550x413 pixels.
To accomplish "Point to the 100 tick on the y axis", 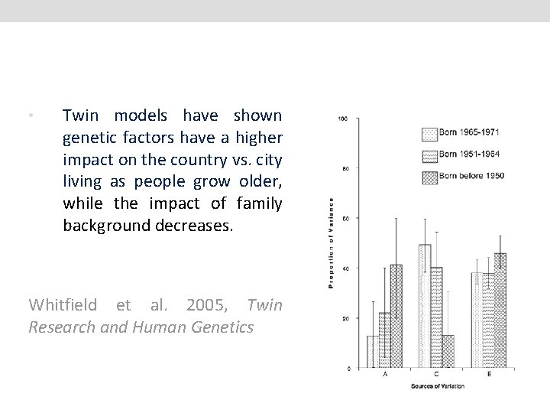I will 344,119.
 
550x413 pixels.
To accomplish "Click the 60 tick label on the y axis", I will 345,219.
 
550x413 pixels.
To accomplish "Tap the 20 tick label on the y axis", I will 345,318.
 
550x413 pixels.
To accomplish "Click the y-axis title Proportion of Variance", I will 332,243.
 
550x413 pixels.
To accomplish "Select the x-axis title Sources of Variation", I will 436,386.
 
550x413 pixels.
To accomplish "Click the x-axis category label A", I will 384,376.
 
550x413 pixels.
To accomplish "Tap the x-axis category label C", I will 436,376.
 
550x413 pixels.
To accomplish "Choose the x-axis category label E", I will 488,376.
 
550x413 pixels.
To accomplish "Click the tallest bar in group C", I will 425,306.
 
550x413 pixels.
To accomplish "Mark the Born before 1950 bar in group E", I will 500,311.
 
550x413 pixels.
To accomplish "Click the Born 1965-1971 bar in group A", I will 373,352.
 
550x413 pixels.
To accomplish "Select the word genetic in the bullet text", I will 88,138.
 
